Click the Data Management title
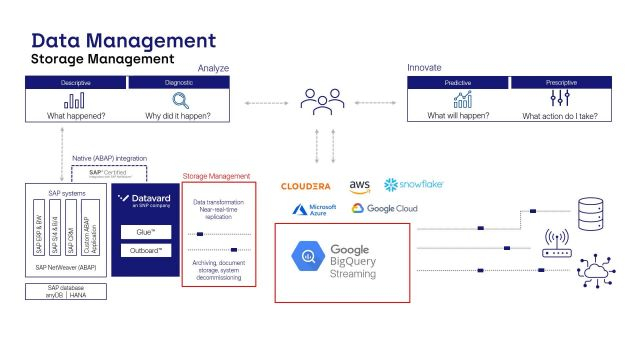[x=123, y=40]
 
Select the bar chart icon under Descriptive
[x=74, y=100]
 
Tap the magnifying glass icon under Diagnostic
[x=181, y=100]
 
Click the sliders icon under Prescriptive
[x=558, y=100]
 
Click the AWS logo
[x=360, y=186]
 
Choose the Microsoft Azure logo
[x=313, y=209]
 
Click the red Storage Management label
[x=216, y=177]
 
